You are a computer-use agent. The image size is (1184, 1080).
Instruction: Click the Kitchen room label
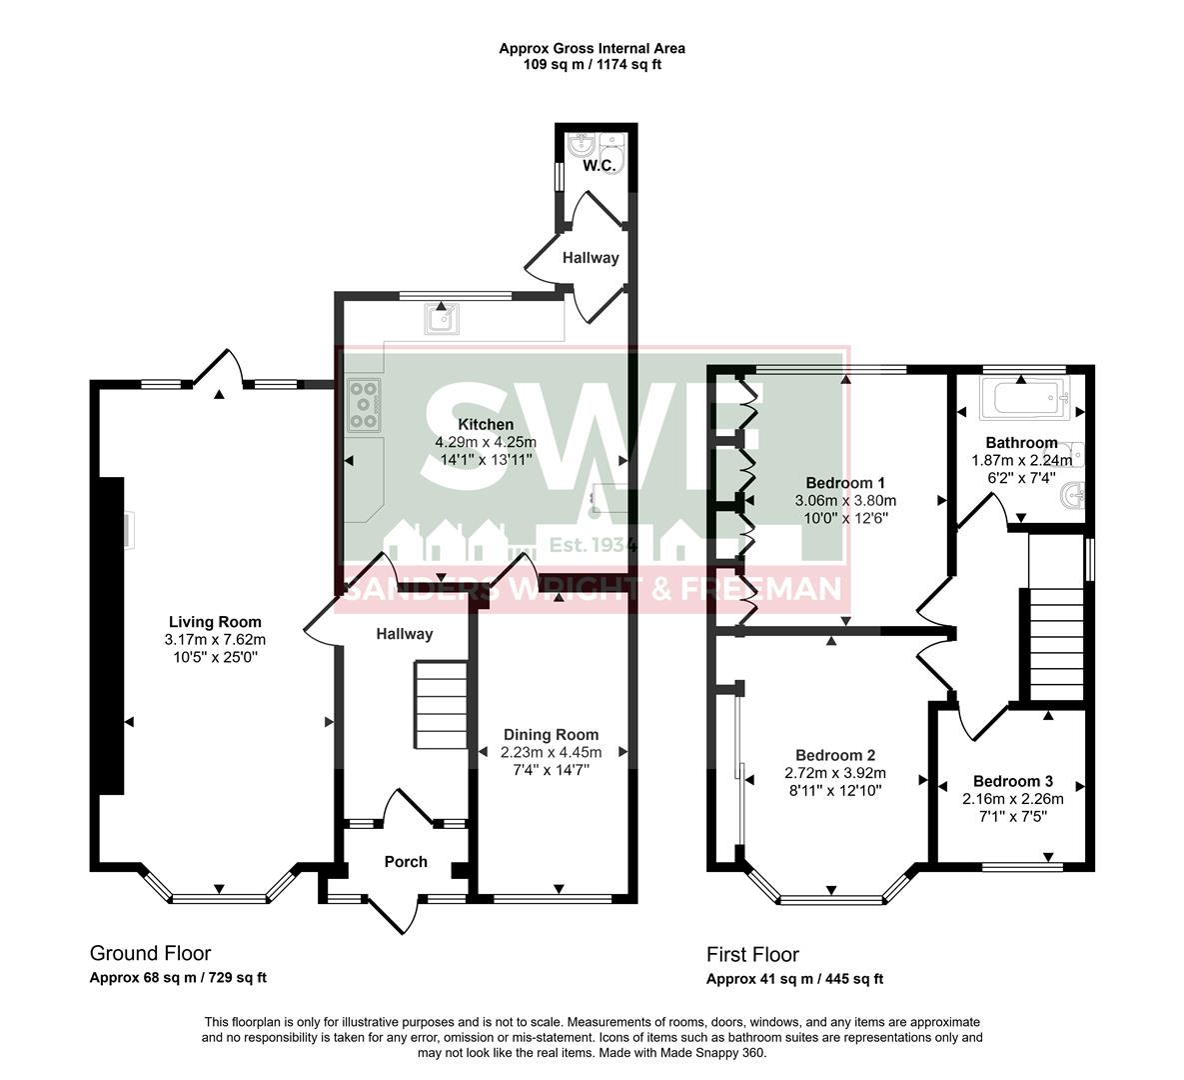pyautogui.click(x=486, y=425)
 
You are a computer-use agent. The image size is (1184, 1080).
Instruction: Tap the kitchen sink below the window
pyautogui.click(x=442, y=318)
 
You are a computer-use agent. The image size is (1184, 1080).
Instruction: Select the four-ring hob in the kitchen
pyautogui.click(x=365, y=406)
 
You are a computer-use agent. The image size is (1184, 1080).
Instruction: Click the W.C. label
pyautogui.click(x=598, y=165)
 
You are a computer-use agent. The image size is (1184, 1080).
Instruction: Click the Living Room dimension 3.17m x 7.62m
pyautogui.click(x=215, y=639)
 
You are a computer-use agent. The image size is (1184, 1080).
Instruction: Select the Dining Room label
pyautogui.click(x=551, y=734)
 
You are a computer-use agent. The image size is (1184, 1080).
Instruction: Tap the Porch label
pyautogui.click(x=406, y=861)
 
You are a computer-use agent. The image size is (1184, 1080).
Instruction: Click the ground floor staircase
pyautogui.click(x=441, y=704)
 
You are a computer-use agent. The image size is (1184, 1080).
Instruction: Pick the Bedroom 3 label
pyautogui.click(x=1012, y=781)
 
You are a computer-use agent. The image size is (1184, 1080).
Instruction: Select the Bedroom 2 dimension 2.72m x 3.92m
pyautogui.click(x=835, y=773)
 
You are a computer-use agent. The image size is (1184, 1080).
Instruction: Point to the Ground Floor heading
pyautogui.click(x=150, y=953)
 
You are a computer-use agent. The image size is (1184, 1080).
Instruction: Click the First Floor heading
pyautogui.click(x=752, y=954)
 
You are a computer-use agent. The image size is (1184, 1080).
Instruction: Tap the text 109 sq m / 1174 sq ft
pyautogui.click(x=592, y=65)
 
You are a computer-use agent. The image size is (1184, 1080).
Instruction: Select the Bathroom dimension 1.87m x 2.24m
pyautogui.click(x=1021, y=460)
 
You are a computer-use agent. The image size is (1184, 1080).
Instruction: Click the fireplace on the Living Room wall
pyautogui.click(x=110, y=635)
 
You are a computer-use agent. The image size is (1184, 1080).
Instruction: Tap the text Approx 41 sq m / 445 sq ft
pyautogui.click(x=794, y=979)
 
